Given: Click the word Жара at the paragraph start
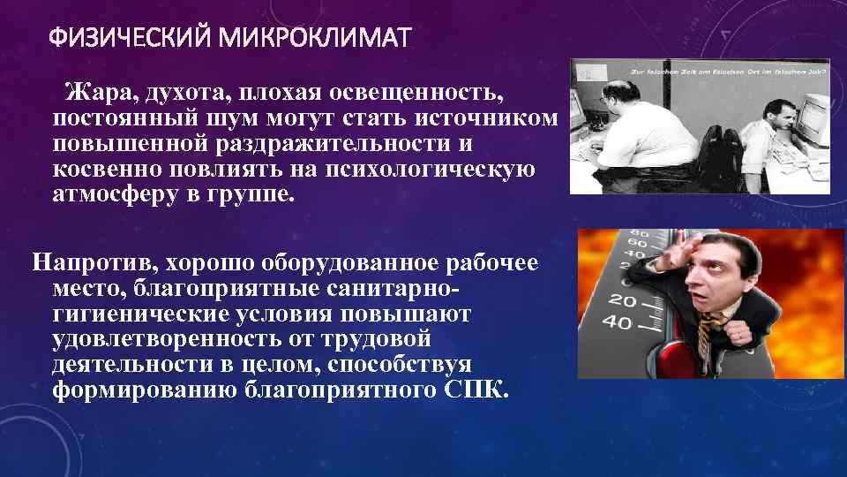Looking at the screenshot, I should click(x=99, y=93).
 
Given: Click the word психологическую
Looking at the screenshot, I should click(x=418, y=168).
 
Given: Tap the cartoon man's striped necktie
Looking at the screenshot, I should click(x=706, y=339).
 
